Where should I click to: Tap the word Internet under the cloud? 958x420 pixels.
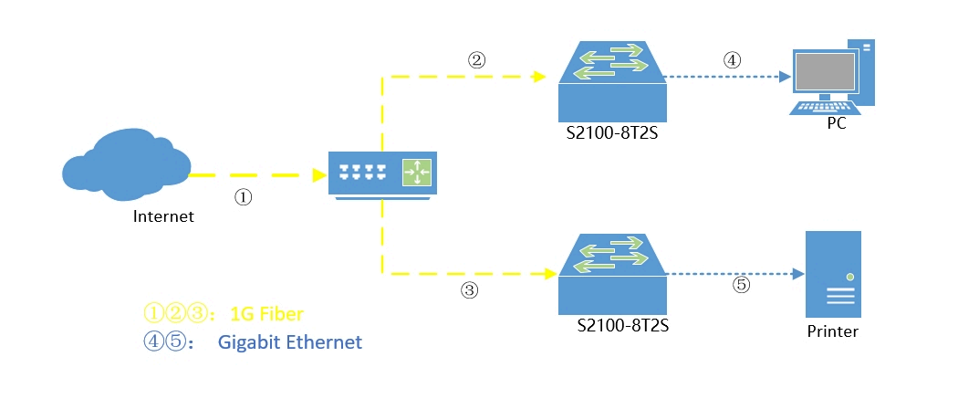coord(164,216)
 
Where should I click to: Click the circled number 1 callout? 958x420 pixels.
coord(243,195)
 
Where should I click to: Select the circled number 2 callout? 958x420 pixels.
coord(476,60)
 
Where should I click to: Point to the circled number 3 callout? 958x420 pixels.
coord(469,290)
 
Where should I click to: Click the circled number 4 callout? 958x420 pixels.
coord(732,60)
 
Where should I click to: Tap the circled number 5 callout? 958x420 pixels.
coord(741,285)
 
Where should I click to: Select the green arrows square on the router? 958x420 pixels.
coord(417,172)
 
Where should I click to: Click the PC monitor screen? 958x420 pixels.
coord(826,72)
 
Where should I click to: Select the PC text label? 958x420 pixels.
coord(836,123)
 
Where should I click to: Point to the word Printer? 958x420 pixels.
coord(832,331)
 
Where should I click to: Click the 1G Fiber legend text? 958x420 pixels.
coord(266,314)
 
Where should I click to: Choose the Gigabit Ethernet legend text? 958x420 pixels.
coord(290,342)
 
